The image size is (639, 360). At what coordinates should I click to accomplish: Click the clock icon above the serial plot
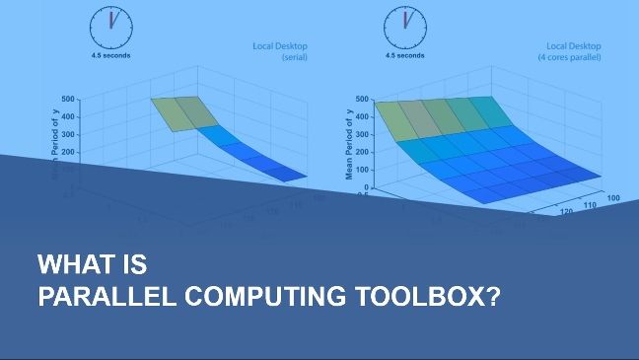(x=109, y=27)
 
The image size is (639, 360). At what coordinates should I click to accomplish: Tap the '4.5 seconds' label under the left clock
(x=109, y=55)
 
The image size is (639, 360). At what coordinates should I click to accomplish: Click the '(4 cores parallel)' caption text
(x=588, y=56)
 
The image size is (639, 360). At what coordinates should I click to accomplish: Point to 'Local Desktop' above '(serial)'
(x=284, y=45)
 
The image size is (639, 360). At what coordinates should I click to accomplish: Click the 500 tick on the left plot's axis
(x=68, y=99)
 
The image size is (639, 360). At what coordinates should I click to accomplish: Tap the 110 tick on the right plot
(x=591, y=205)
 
